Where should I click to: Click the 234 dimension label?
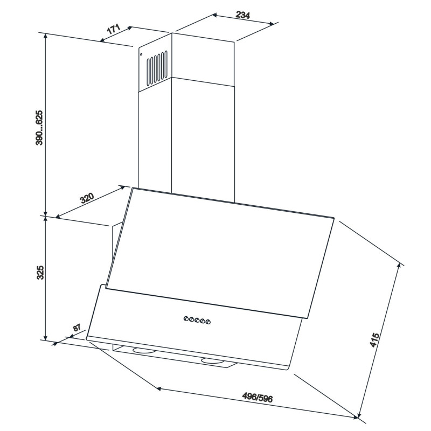[x=243, y=15]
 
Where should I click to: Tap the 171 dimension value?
[x=114, y=29]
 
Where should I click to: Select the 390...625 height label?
[x=39, y=128]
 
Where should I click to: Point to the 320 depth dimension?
[x=87, y=198]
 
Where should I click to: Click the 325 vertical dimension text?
[x=40, y=273]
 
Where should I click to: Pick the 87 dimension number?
[x=77, y=328]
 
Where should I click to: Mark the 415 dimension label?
[x=374, y=340]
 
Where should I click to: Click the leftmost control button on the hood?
[x=186, y=318]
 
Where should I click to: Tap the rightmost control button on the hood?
[x=208, y=321]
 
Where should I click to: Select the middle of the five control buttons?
[x=197, y=320]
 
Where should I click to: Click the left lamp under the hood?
[x=144, y=351]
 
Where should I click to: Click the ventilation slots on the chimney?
[x=157, y=68]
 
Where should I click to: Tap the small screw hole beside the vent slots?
[x=141, y=54]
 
